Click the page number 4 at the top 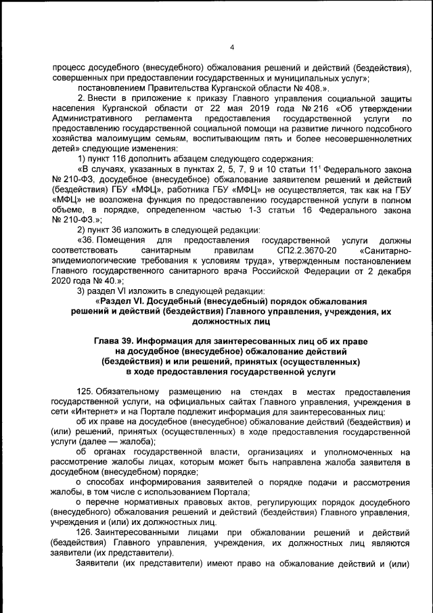[x=231, y=47]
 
